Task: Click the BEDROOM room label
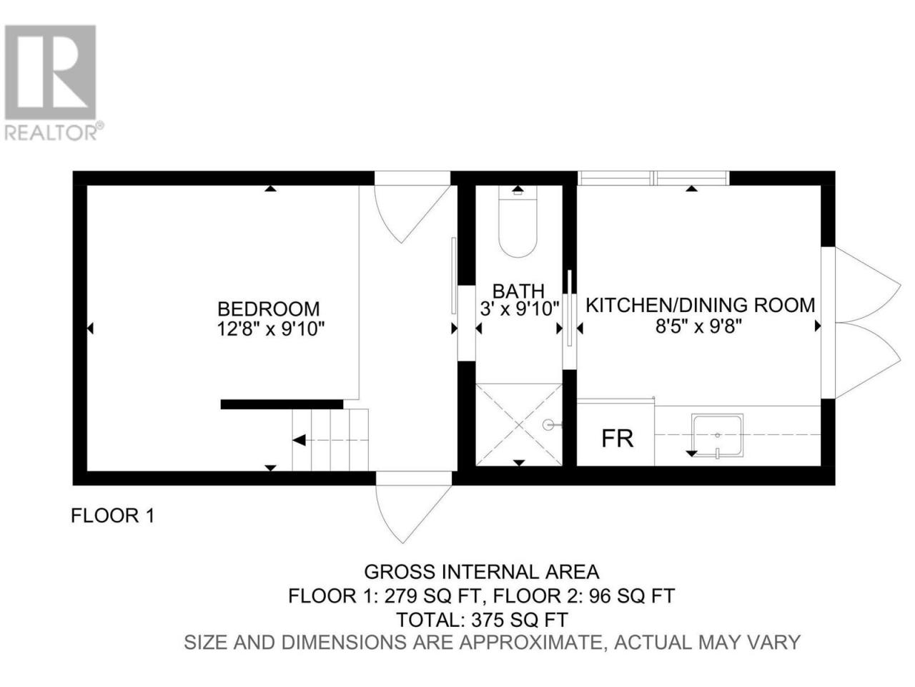click(269, 309)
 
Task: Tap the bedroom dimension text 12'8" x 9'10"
click(270, 329)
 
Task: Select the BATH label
click(518, 291)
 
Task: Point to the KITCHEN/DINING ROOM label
click(700, 305)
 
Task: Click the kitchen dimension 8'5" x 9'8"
click(699, 326)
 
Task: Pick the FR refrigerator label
click(618, 439)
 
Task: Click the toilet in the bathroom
click(518, 222)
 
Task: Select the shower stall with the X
click(519, 424)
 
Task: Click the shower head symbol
click(550, 425)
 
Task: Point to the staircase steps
click(330, 439)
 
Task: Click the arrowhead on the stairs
click(300, 440)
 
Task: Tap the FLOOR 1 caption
click(112, 516)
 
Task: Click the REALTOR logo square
click(51, 72)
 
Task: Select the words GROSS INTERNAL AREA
click(482, 572)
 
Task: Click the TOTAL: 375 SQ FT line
click(482, 620)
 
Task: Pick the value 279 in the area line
click(400, 596)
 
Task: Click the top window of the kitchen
click(653, 178)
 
